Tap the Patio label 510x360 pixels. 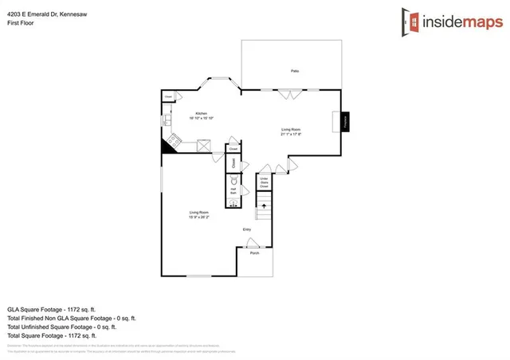(295, 72)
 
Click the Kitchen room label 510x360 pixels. (201, 114)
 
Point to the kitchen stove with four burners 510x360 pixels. (205, 144)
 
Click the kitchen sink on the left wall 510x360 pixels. (167, 122)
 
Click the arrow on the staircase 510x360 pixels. (264, 205)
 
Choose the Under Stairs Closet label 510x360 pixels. (265, 182)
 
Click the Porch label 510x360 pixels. (255, 253)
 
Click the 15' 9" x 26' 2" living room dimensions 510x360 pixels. (199, 217)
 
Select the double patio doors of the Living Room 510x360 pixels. (290, 93)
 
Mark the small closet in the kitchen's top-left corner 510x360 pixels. (168, 97)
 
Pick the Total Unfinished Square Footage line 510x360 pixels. (62, 327)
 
